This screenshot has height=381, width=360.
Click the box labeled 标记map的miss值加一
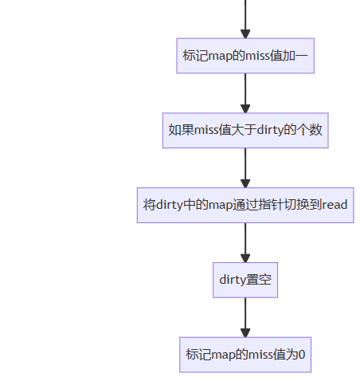pos(245,56)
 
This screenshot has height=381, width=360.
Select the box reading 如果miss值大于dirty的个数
pos(245,131)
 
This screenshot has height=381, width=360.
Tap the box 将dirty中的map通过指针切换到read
pos(245,205)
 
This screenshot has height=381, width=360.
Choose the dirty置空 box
pos(245,280)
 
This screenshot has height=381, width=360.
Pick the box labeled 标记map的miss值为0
pos(245,355)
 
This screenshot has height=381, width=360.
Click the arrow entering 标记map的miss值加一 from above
pos(245,19)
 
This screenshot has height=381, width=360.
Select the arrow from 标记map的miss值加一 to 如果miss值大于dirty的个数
pos(245,93)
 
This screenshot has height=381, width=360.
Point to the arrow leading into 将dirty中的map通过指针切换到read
pos(245,168)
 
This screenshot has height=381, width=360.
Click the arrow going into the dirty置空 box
pos(245,242)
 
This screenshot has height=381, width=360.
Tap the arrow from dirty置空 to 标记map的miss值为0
pos(245,317)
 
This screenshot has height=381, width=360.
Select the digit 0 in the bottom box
pos(302,355)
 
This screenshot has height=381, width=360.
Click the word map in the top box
pos(220,57)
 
